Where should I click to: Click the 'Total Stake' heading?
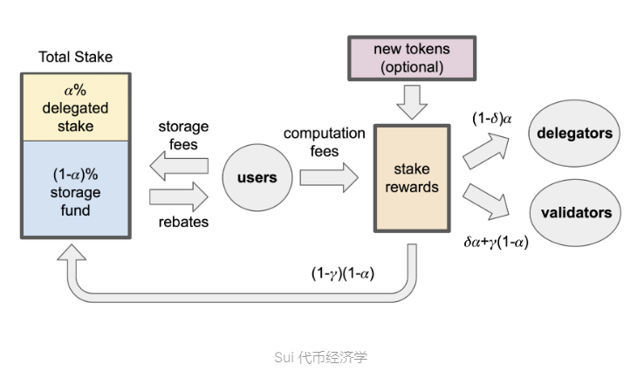coord(76,58)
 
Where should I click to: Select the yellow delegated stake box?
coord(76,108)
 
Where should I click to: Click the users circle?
coord(257,178)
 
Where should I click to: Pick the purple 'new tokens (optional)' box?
coord(411,58)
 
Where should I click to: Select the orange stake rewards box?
coord(411,178)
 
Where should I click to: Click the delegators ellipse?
coord(574,134)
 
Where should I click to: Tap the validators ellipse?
coord(574,212)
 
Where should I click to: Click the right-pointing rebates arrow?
coord(180,194)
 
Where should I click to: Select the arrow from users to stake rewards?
coord(328,178)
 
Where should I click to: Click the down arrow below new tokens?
coord(411,102)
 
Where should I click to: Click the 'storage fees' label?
coord(183,135)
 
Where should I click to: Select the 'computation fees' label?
coord(324,141)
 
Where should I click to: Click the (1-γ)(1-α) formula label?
coord(343,273)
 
